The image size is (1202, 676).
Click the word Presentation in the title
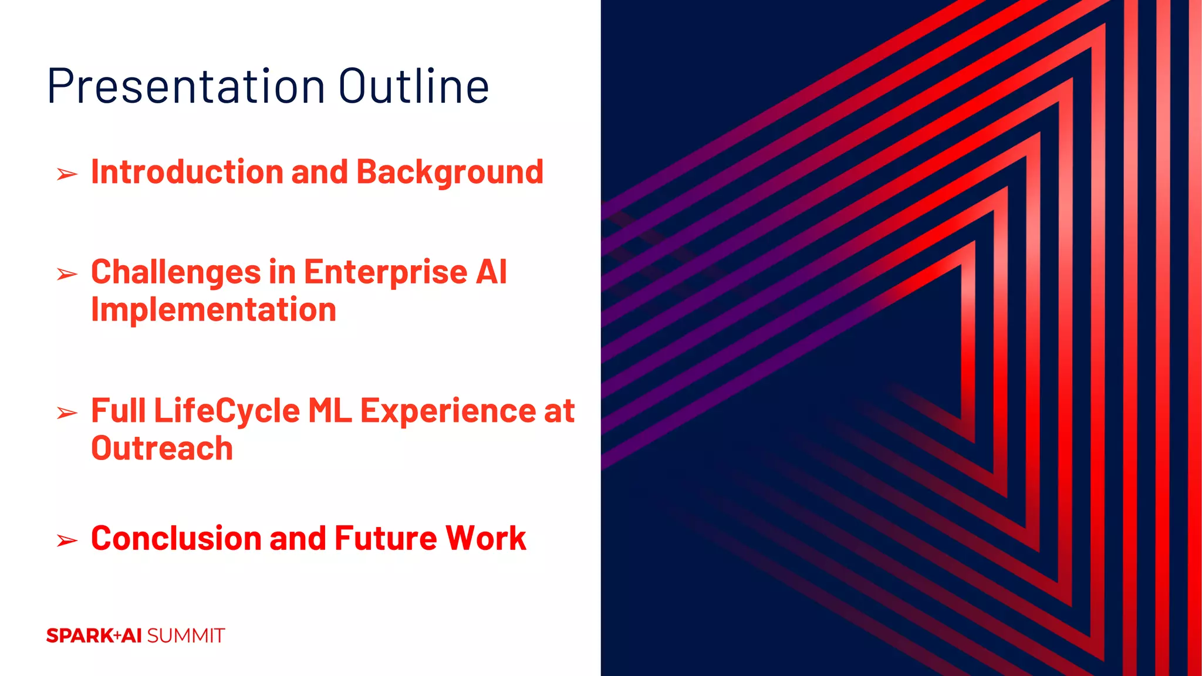pos(185,87)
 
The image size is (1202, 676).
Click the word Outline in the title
pos(413,87)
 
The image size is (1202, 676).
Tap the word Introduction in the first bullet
pos(187,172)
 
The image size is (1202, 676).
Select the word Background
pos(450,173)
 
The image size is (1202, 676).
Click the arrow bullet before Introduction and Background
pos(67,174)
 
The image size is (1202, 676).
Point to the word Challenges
pos(175,273)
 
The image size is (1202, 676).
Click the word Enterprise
pos(385,273)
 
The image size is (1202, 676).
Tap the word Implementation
pos(214,310)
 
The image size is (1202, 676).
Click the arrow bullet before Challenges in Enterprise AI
pos(67,274)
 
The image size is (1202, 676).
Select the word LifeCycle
pos(227,411)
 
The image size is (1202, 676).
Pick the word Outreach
pos(162,448)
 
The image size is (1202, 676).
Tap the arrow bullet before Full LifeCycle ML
pos(67,413)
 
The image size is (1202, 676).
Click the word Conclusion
pos(176,539)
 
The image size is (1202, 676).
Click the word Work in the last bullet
pos(485,539)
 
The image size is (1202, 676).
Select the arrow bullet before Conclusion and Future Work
pos(67,540)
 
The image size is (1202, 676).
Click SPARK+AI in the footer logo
pos(94,636)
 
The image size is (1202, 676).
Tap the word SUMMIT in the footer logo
pos(185,636)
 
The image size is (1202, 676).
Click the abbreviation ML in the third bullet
pos(329,411)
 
